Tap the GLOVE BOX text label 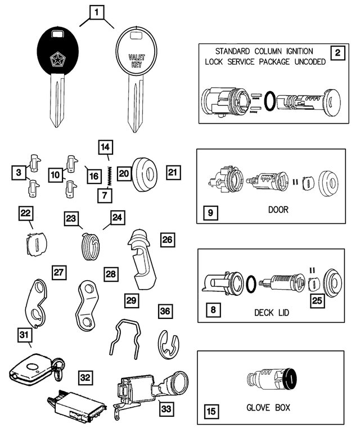click(x=268, y=407)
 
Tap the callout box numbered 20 click(x=124, y=174)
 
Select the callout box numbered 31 click(x=24, y=335)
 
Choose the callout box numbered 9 click(x=210, y=214)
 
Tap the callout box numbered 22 click(x=25, y=214)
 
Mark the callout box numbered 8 click(x=211, y=310)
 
